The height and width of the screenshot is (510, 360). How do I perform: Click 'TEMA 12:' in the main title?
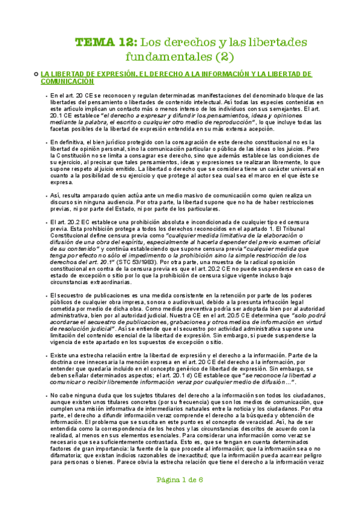click(105, 43)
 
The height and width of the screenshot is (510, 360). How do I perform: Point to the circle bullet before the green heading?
click(37, 73)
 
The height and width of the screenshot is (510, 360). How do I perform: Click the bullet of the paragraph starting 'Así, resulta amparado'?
click(46, 196)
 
